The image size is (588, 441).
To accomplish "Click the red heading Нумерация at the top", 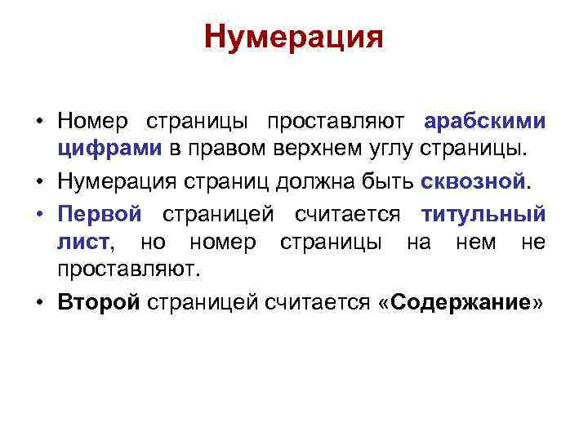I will click(x=294, y=37).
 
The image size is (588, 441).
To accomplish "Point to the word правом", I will click(x=222, y=149).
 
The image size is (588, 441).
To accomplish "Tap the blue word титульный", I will click(x=483, y=214).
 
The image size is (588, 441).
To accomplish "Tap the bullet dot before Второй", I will click(x=39, y=302).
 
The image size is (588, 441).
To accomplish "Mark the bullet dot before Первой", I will click(x=39, y=214).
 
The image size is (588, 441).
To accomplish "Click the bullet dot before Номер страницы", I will click(x=39, y=122).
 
